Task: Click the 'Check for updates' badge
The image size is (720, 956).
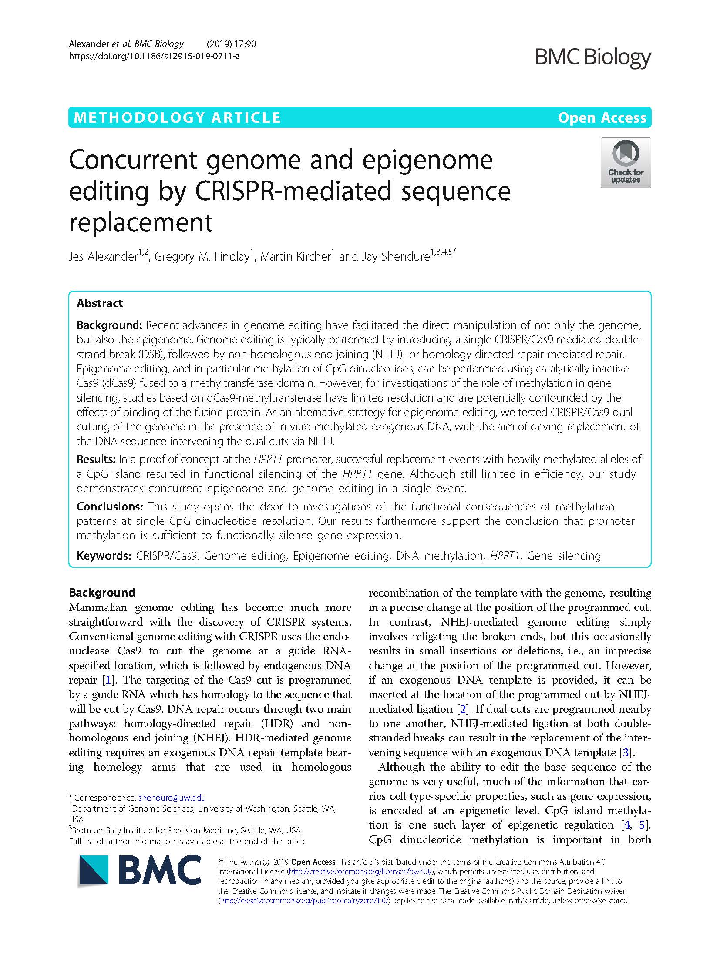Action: pos(625,162)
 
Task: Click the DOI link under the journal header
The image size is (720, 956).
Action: pos(154,56)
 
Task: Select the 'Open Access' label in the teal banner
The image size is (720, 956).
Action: pos(602,118)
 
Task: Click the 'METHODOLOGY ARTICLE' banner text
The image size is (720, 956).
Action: pos(177,118)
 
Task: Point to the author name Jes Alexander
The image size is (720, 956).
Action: pos(103,257)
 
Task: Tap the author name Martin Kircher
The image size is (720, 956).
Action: pos(296,257)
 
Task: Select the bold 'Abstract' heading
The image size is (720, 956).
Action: pos(100,303)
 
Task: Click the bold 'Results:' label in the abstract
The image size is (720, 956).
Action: pos(96,459)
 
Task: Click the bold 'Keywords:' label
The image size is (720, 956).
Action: pos(104,556)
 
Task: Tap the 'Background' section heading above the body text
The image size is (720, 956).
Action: pos(102,593)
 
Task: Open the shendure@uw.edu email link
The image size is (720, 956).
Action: pos(172,798)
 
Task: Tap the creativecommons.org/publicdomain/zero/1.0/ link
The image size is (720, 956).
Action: pos(305,901)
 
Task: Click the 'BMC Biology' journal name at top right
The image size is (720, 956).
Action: pos(592,57)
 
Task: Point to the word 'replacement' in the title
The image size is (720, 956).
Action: pos(141,223)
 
